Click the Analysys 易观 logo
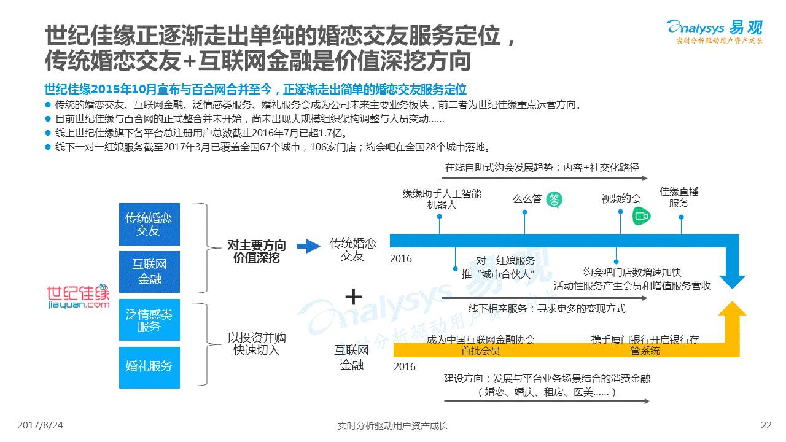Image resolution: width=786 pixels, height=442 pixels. (714, 31)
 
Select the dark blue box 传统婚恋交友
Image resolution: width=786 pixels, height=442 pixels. (149, 224)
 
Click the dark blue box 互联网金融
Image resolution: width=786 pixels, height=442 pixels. (149, 272)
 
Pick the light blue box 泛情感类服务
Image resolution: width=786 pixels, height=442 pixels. (149, 320)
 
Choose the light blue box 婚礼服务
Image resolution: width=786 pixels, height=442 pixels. (149, 366)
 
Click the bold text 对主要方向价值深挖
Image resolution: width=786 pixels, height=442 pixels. (257, 252)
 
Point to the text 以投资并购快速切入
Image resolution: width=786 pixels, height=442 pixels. (257, 344)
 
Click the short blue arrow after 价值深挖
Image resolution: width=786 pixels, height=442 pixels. (309, 247)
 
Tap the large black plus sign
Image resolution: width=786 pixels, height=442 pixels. (354, 297)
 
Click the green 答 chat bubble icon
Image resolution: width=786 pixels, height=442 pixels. (554, 199)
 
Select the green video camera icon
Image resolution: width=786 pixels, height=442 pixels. (642, 216)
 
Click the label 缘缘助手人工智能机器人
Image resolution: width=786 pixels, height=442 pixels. (442, 200)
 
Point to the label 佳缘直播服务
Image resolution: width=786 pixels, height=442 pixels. (679, 198)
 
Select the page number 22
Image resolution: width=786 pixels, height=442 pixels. (766, 425)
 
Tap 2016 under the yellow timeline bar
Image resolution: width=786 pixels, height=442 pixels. (404, 366)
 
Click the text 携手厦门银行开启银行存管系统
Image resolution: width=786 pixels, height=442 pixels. (645, 345)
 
